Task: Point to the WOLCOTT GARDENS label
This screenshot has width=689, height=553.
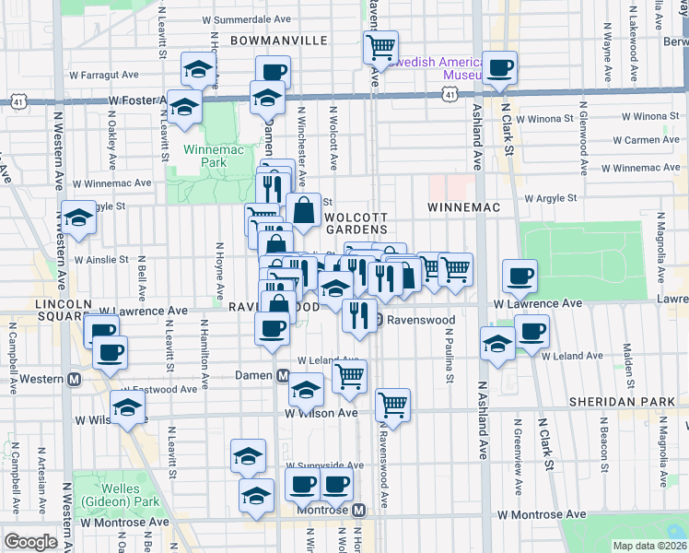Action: click(354, 221)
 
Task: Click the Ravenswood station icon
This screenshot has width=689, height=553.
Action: click(379, 320)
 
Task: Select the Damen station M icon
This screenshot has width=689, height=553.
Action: click(284, 375)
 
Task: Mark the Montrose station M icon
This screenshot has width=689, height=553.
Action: click(359, 510)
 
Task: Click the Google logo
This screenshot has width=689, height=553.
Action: click(30, 541)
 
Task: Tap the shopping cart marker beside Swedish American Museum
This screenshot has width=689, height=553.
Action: click(380, 46)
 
